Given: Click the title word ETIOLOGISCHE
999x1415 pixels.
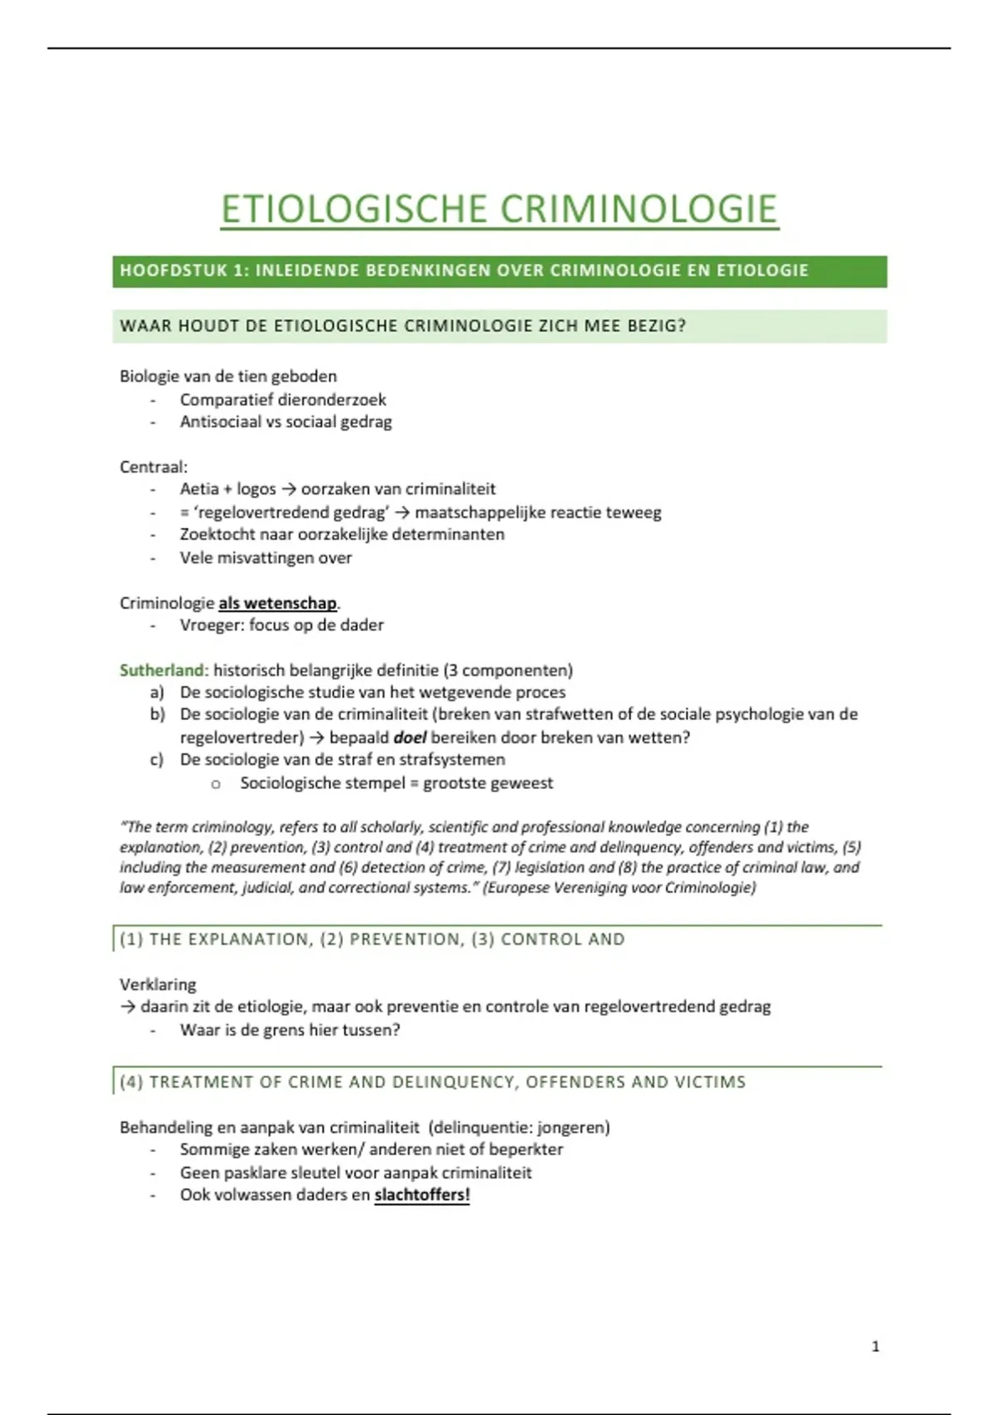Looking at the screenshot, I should pos(353,209).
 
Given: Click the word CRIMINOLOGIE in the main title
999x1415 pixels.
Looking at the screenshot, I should pos(638,209).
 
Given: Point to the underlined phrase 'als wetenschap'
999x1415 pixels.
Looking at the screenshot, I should pos(277,603).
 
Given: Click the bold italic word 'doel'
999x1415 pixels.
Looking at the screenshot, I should pos(410,737).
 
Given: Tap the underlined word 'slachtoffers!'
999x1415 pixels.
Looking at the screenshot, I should pos(422,1195).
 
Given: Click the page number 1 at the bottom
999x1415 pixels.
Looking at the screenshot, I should pos(875,1347).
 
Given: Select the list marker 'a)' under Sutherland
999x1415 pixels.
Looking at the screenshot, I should pos(157,693).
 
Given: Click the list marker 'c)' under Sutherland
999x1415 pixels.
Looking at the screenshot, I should pos(157,760).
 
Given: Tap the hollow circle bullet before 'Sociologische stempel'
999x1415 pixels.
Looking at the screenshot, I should pos(216,784).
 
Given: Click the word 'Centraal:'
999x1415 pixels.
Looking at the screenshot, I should pos(153,467).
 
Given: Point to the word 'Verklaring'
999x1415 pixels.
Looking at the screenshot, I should pos(157,985).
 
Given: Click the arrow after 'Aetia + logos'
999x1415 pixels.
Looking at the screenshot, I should pos(288,489).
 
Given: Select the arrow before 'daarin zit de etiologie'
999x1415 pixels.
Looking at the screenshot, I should pos(127,1007).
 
